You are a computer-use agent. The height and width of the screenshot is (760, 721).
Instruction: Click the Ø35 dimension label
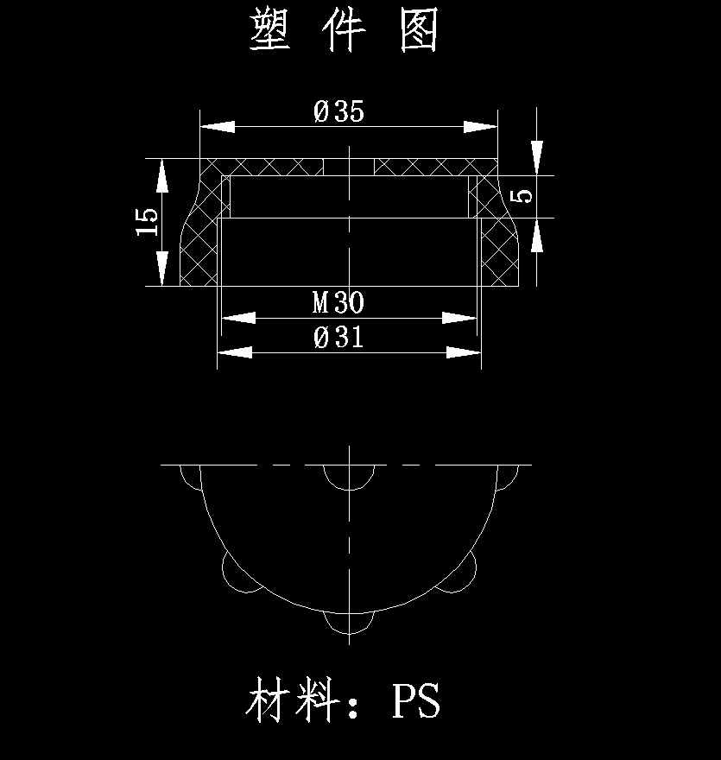[x=339, y=111]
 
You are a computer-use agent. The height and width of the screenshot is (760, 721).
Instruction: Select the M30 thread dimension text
[x=338, y=303]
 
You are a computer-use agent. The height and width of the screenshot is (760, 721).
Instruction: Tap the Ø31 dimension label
[x=339, y=337]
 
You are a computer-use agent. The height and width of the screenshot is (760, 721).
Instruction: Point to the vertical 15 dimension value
[x=148, y=222]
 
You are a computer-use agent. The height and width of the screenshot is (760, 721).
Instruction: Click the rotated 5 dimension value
[x=522, y=196]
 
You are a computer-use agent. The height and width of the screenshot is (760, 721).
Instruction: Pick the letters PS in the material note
[x=416, y=701]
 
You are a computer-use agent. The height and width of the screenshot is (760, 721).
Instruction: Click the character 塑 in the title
[x=270, y=31]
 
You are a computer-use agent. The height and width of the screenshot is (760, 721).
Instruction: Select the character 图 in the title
[x=421, y=31]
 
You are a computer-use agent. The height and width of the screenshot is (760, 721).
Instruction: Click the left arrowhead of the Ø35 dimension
[x=217, y=126]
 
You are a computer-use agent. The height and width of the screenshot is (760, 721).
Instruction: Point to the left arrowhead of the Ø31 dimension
[x=234, y=351]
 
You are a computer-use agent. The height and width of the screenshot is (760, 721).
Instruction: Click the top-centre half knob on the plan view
[x=349, y=474]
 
